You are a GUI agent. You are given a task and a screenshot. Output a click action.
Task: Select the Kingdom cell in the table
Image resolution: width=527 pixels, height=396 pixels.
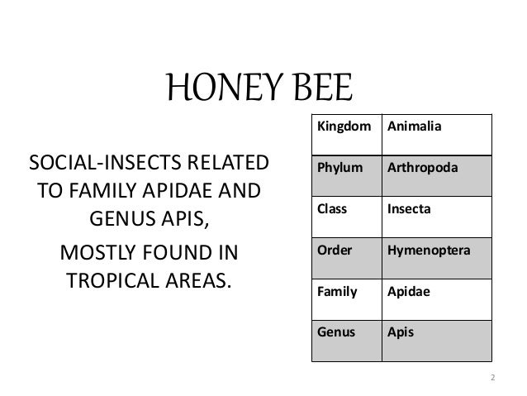341,128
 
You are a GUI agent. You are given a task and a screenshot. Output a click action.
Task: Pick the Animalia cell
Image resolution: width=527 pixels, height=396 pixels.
420,128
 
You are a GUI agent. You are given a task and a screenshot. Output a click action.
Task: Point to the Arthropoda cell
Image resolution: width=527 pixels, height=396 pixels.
425,169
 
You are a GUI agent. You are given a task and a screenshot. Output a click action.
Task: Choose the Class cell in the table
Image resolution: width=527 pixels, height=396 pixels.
331,209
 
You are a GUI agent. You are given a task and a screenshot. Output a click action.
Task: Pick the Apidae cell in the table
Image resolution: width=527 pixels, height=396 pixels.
410,292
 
